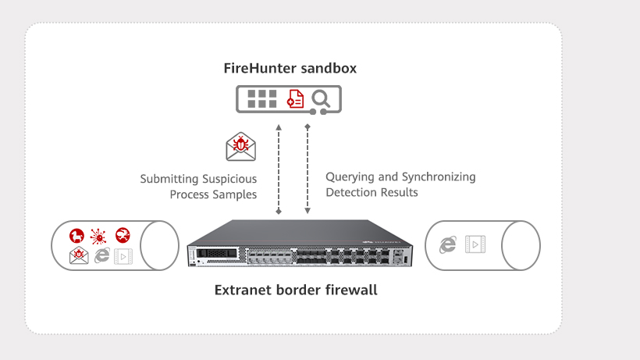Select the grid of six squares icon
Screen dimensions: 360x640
(x=261, y=98)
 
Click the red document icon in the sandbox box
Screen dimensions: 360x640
(x=295, y=98)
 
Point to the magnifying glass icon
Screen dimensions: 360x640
(x=320, y=98)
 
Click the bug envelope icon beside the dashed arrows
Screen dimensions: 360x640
(x=241, y=146)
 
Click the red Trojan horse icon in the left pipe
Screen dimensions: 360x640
(x=76, y=235)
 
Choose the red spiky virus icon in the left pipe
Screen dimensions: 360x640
(x=98, y=235)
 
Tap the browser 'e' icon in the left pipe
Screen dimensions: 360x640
(x=101, y=255)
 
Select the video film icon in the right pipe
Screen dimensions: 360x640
(x=474, y=244)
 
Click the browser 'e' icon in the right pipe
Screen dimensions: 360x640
(x=447, y=244)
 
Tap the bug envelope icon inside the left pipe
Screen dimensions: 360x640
(x=79, y=255)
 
